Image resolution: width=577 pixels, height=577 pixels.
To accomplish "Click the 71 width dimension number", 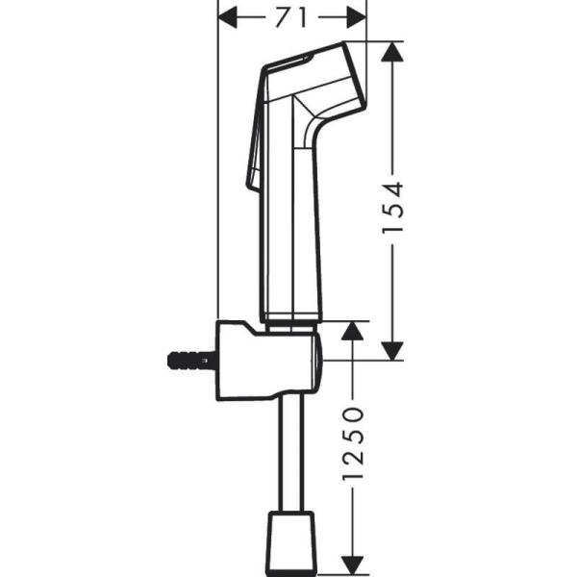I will [x=292, y=16].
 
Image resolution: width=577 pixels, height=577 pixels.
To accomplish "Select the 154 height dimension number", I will [x=392, y=207].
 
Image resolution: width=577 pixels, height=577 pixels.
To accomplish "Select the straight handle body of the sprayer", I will [x=291, y=231].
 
